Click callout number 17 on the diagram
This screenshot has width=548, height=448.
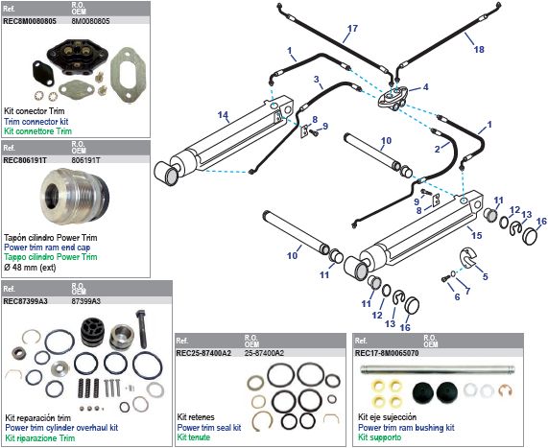[x=352, y=28]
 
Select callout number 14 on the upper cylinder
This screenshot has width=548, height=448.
[x=222, y=116]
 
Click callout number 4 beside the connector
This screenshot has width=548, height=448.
[x=425, y=87]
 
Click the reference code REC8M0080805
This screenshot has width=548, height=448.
[x=29, y=17]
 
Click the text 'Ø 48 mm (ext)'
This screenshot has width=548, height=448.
[x=28, y=268]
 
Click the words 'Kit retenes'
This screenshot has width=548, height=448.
[x=195, y=418]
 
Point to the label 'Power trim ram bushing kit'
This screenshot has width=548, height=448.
[x=406, y=427]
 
